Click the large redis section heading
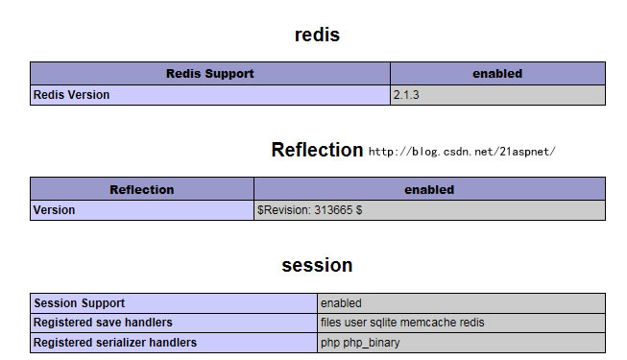coord(317,36)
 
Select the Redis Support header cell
coord(209,73)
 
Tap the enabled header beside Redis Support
coord(497,73)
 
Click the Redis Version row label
coord(71,95)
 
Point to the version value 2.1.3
coord(408,95)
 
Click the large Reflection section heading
coord(317,150)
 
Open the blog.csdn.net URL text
coord(462,152)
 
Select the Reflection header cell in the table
coord(141,189)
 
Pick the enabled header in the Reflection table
coord(429,189)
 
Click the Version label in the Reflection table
coord(54,210)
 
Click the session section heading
coord(317,265)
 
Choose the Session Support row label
coord(79,303)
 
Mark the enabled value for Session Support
coord(341,303)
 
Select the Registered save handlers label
coord(103,323)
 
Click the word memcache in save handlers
coord(428,323)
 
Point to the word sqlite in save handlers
coord(388,323)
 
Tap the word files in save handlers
coord(332,323)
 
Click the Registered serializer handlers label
coord(114,343)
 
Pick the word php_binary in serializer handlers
coord(374,343)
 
